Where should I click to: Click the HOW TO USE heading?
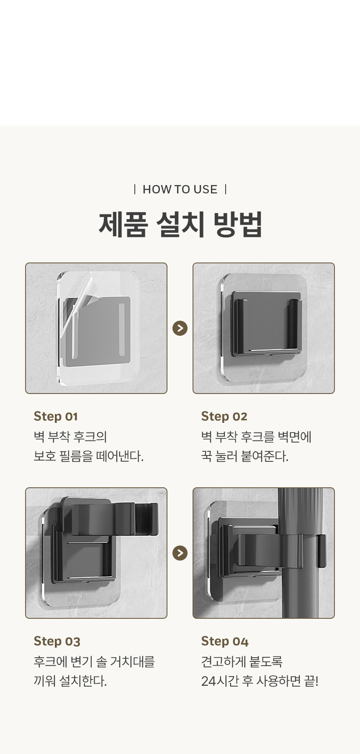[180, 189]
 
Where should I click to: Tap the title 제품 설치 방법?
[180, 224]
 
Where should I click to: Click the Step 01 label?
[56, 417]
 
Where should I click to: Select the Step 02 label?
[224, 417]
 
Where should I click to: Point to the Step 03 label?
[57, 641]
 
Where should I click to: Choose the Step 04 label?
[225, 641]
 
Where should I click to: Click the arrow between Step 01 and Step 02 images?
[180, 328]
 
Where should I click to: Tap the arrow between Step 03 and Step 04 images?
[180, 553]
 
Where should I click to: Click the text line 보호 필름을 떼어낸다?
[88, 456]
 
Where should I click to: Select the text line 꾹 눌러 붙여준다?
[245, 456]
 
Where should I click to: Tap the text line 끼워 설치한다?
[70, 681]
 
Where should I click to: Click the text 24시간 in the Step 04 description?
[220, 681]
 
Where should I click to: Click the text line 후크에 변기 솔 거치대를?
[95, 661]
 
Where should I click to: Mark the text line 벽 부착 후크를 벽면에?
[256, 437]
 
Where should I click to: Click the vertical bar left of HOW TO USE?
[134, 189]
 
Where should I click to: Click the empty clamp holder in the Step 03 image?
[109, 517]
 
